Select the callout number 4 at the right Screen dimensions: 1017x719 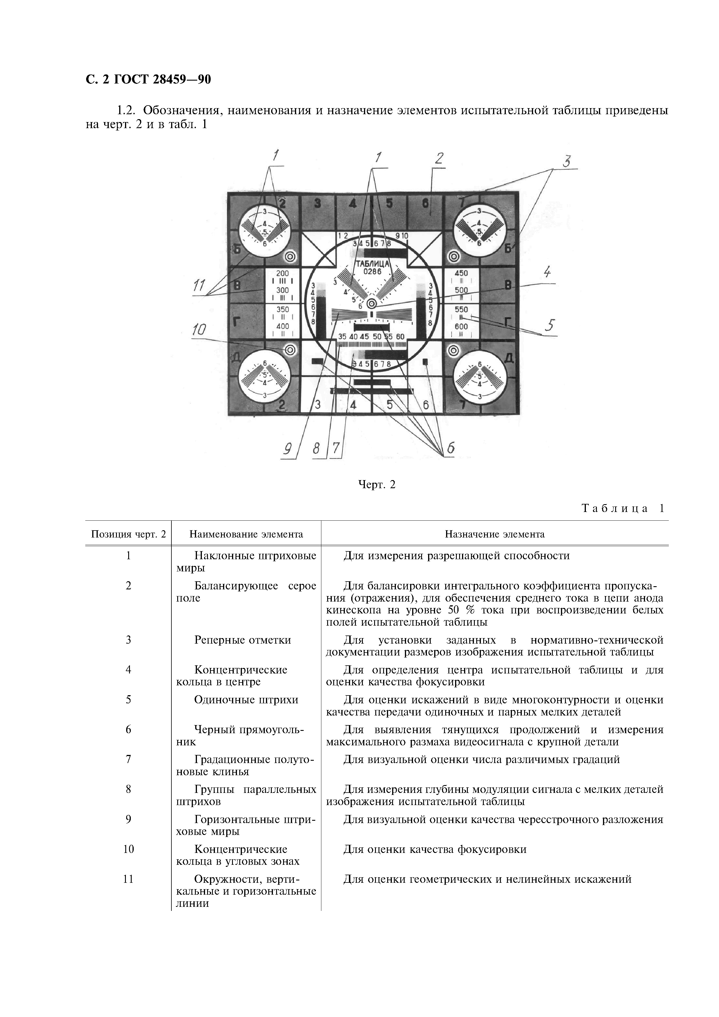[548, 271]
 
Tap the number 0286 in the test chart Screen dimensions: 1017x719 [372, 272]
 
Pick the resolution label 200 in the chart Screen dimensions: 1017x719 [282, 273]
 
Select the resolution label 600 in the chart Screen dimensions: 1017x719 [461, 326]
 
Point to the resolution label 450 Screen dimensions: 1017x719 [461, 273]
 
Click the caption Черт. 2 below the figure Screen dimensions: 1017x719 [376, 484]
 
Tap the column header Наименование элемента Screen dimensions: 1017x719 [246, 534]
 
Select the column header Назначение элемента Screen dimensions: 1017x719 [495, 534]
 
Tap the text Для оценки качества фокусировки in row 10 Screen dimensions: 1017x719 [434, 849]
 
